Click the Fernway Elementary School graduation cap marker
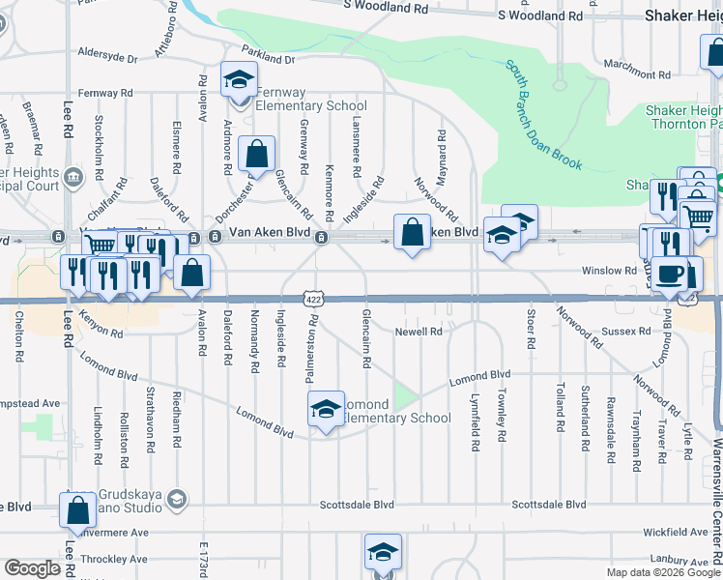pos(238,79)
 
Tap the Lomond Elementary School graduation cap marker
pos(326,409)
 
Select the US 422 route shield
pos(311,300)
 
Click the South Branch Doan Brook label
pos(544,115)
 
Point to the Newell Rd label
pos(418,332)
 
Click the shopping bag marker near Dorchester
pos(257,154)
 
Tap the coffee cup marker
pos(670,274)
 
